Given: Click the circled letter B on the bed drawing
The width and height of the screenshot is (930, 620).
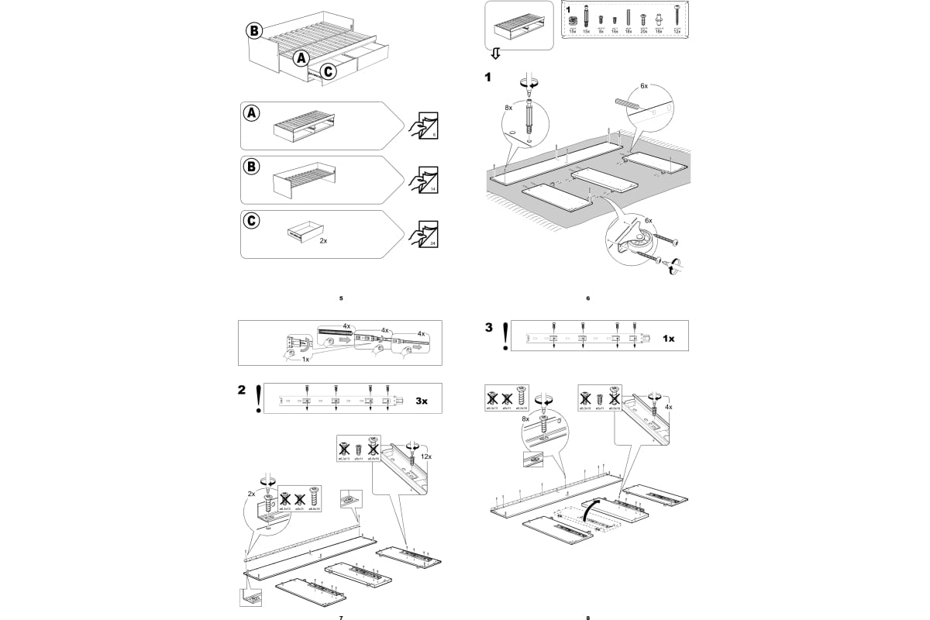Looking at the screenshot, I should pos(254,31).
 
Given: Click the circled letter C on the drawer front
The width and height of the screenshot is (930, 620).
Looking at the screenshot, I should pos(328,71).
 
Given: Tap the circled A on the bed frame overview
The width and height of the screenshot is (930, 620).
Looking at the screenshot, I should pos(301,57).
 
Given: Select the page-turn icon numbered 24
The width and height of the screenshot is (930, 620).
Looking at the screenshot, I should pos(422,232).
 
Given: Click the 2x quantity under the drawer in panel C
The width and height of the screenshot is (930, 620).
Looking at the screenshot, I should pos(323,241).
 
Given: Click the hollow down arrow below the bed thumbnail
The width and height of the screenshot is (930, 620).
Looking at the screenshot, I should pos(496,53).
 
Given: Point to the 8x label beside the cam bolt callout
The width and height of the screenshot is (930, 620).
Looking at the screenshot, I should pos(508,108).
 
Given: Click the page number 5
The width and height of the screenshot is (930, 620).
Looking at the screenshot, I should pos(341,298).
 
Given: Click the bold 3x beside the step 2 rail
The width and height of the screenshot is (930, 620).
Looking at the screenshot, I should pos(422,401).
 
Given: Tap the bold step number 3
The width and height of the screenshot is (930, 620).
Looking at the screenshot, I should pos(489,327).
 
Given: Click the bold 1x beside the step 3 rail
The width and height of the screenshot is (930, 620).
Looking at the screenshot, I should pos(669,339).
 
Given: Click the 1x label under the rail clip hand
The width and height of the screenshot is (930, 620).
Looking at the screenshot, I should pos(306,359).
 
